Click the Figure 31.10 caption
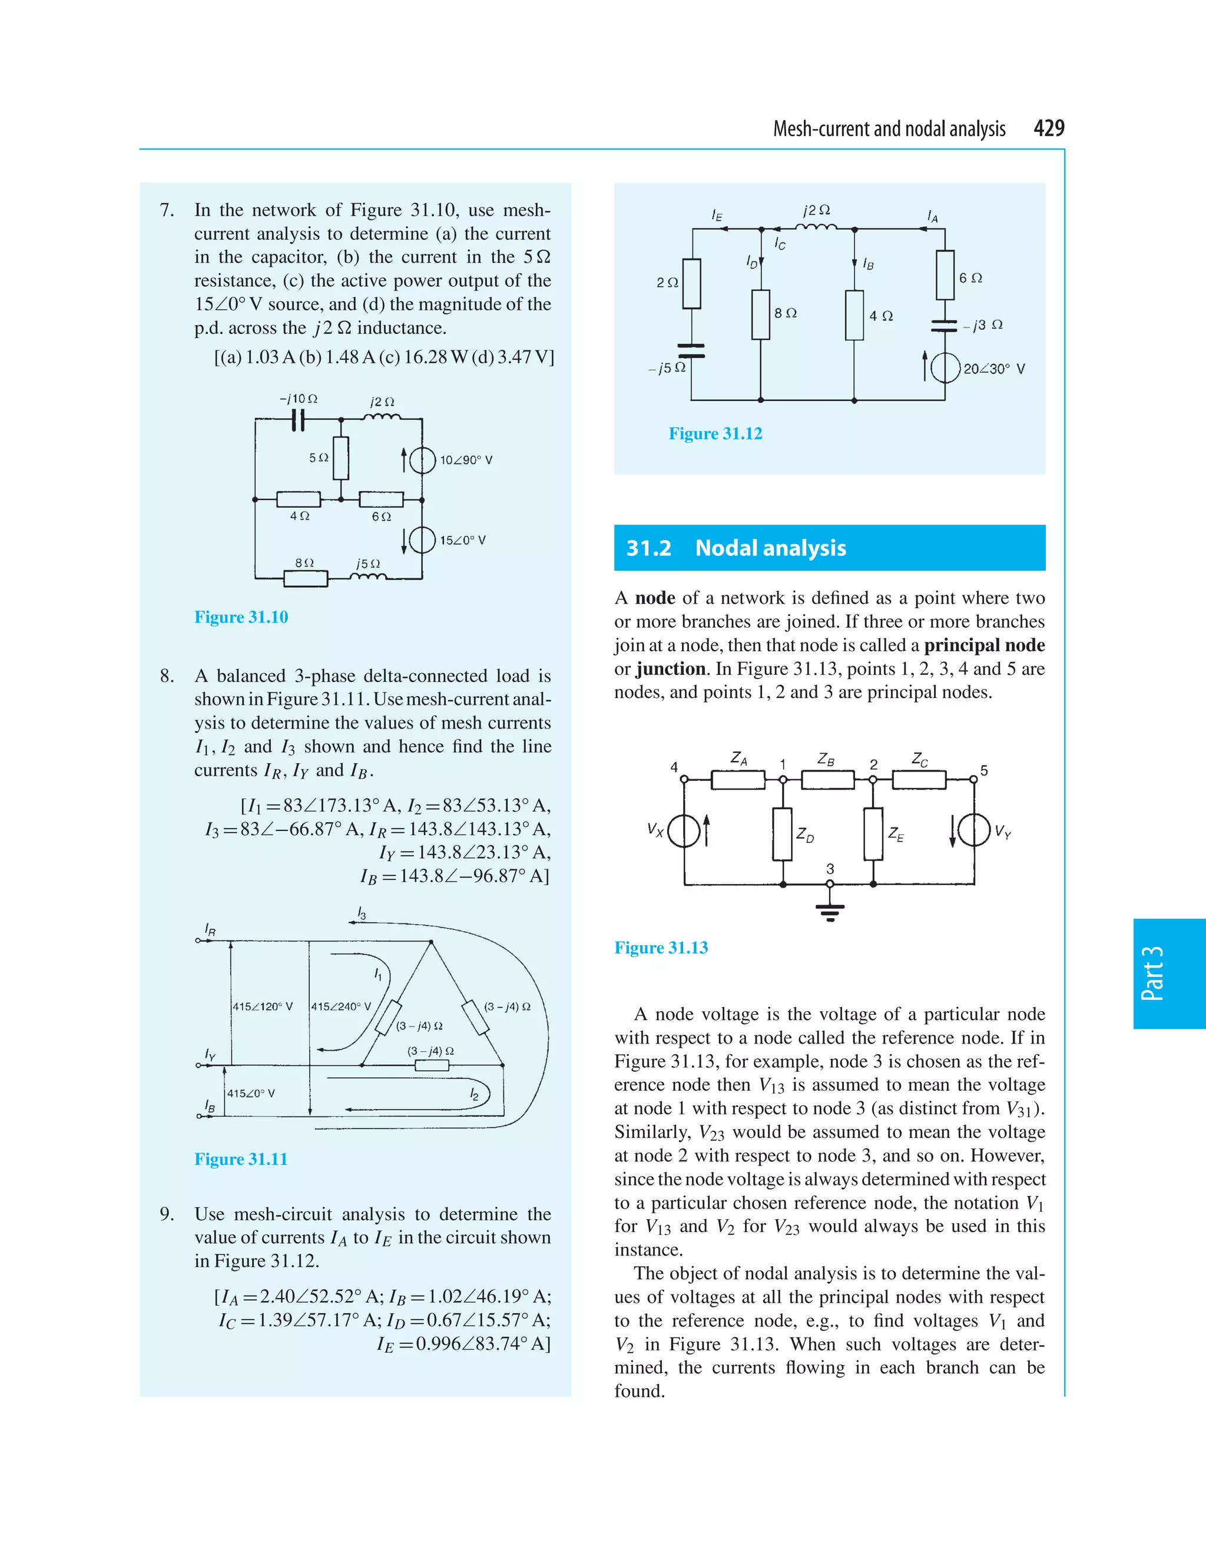pos(241,617)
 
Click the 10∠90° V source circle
pos(422,460)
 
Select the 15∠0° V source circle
pos(422,541)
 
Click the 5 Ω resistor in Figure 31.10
pos(341,458)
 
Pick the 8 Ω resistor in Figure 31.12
pos(760,314)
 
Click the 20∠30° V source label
pos(994,369)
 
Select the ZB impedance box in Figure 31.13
pos(827,779)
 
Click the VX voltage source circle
pos(683,830)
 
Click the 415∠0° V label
pos(251,1093)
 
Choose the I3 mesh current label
pos(361,913)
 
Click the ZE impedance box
pos(873,834)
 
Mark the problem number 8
pos(167,676)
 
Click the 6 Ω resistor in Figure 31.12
pos(945,275)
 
